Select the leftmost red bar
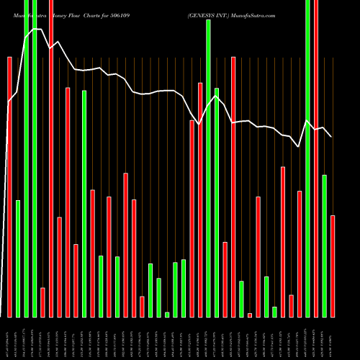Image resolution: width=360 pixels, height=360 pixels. pyautogui.click(x=9, y=187)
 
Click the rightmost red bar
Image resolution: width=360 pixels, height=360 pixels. pyautogui.click(x=333, y=266)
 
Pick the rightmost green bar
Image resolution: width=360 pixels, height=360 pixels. pyautogui.click(x=324, y=246)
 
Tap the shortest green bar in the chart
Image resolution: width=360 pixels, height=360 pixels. pyautogui.click(x=167, y=314)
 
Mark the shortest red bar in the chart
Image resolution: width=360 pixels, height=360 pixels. pyautogui.click(x=250, y=315)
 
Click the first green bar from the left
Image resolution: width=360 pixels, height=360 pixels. pyautogui.click(x=18, y=258)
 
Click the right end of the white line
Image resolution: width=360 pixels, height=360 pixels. pyautogui.click(x=331, y=136)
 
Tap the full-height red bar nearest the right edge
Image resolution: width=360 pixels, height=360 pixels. pyautogui.click(x=316, y=158)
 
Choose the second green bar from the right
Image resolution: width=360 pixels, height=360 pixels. pyautogui.click(x=307, y=158)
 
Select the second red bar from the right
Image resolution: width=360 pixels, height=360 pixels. pyautogui.click(x=300, y=253)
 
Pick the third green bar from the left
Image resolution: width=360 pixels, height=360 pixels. pyautogui.click(x=35, y=158)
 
